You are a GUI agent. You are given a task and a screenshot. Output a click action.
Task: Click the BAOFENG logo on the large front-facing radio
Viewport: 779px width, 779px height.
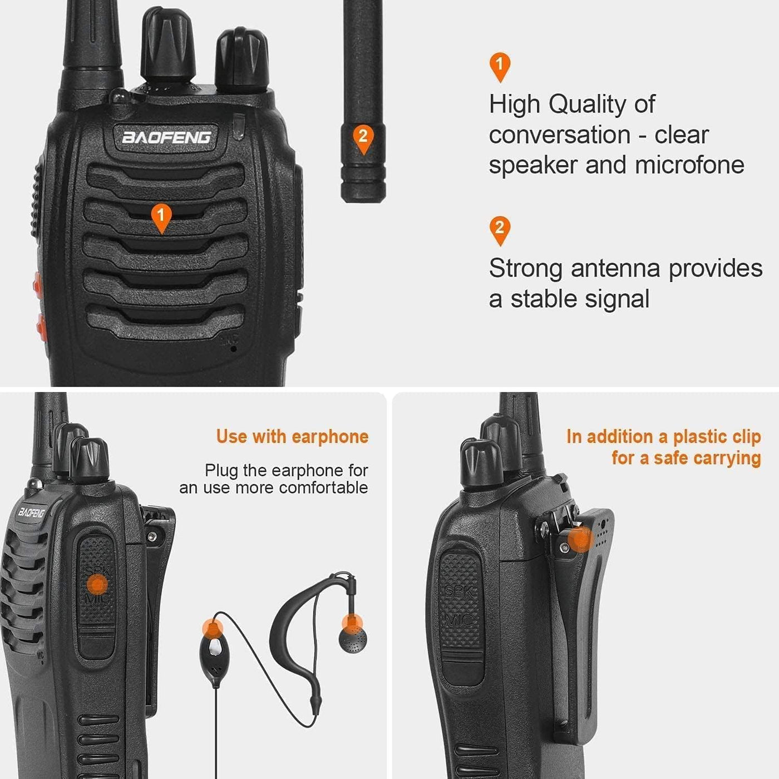coord(166,137)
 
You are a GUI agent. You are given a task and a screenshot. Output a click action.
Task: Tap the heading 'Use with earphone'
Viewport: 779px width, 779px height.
coord(292,437)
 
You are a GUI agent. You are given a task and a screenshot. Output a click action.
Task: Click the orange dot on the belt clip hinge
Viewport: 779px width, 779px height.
coord(580,539)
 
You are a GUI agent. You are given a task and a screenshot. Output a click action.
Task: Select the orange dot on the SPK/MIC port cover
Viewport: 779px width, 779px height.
coord(98,585)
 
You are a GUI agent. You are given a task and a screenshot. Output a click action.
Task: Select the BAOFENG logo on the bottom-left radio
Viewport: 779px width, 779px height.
coord(32,512)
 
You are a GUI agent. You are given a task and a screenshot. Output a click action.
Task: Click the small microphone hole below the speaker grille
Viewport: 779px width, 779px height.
coord(233,349)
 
